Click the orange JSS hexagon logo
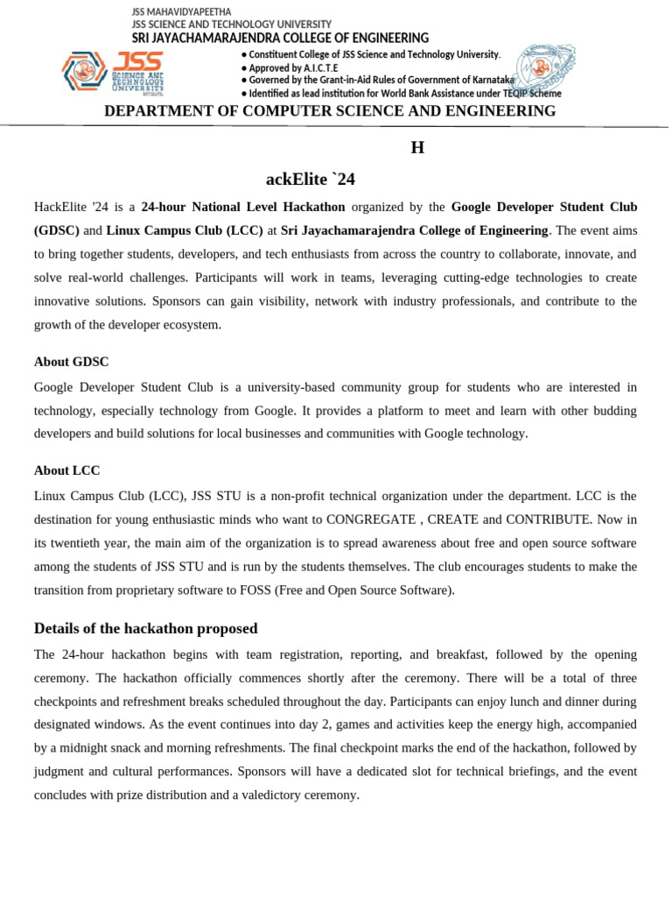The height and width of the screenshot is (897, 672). tap(84, 71)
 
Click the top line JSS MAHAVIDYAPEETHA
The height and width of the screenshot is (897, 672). tap(181, 11)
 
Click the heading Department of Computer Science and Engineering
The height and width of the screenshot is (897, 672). tap(330, 111)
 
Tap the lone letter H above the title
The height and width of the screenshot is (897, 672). tap(417, 148)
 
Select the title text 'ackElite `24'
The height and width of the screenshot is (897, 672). tap(311, 180)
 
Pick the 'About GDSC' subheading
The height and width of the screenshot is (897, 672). tap(72, 362)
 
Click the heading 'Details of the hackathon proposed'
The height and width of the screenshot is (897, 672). tap(145, 628)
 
